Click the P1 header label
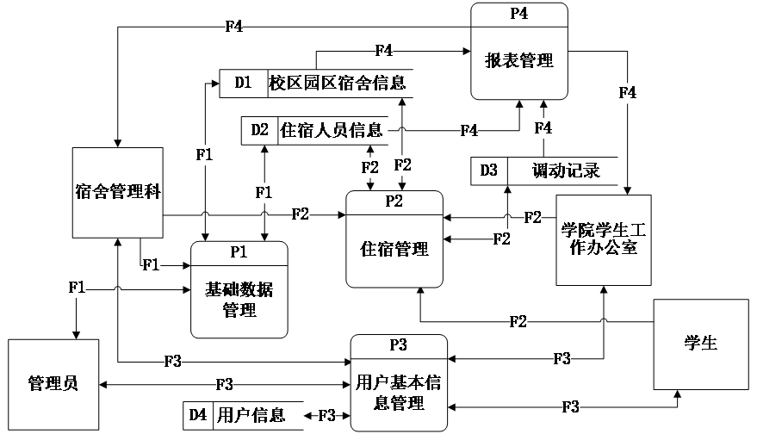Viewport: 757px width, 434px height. pyautogui.click(x=239, y=252)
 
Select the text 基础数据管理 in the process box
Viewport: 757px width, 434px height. pyautogui.click(x=239, y=300)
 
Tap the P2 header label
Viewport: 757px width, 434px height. pyautogui.click(x=394, y=201)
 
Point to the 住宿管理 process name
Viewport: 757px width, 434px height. pyautogui.click(x=394, y=250)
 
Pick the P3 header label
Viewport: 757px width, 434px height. pyautogui.click(x=398, y=345)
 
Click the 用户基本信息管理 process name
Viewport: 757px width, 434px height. pyautogui.click(x=398, y=392)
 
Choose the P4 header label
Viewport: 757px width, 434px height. pyautogui.click(x=518, y=14)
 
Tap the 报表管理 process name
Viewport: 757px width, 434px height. pyautogui.click(x=518, y=61)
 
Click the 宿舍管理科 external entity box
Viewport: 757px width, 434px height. pyautogui.click(x=117, y=192)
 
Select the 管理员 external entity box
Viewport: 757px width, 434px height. pyautogui.click(x=53, y=382)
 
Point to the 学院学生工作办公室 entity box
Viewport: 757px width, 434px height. pyautogui.click(x=602, y=240)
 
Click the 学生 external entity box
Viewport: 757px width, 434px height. pyautogui.click(x=700, y=344)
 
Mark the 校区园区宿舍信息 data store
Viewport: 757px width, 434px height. pyautogui.click(x=338, y=84)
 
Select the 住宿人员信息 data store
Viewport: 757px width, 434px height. pyautogui.click(x=332, y=131)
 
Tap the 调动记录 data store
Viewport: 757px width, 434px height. pyautogui.click(x=564, y=170)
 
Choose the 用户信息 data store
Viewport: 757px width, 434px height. pyautogui.click(x=251, y=415)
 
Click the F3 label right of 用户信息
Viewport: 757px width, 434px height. pyautogui.click(x=326, y=415)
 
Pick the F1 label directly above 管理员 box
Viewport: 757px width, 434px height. pyautogui.click(x=77, y=288)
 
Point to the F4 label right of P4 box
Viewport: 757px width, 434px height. pyautogui.click(x=627, y=92)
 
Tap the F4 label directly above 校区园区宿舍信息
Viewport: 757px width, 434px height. pyautogui.click(x=384, y=51)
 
